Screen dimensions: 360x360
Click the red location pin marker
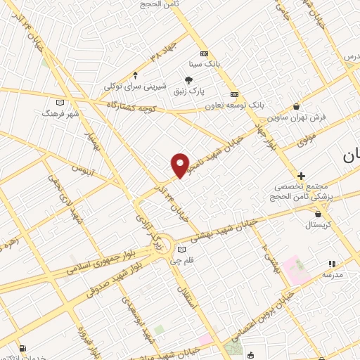(180, 165)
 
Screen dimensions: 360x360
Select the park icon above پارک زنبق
(188, 81)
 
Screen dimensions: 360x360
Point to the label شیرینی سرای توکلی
(135, 86)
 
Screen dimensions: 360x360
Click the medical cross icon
(302, 176)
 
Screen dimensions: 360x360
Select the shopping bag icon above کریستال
(319, 214)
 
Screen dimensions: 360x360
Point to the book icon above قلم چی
(182, 249)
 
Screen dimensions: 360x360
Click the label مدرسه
(331, 275)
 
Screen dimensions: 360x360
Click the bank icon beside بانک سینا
(204, 54)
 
